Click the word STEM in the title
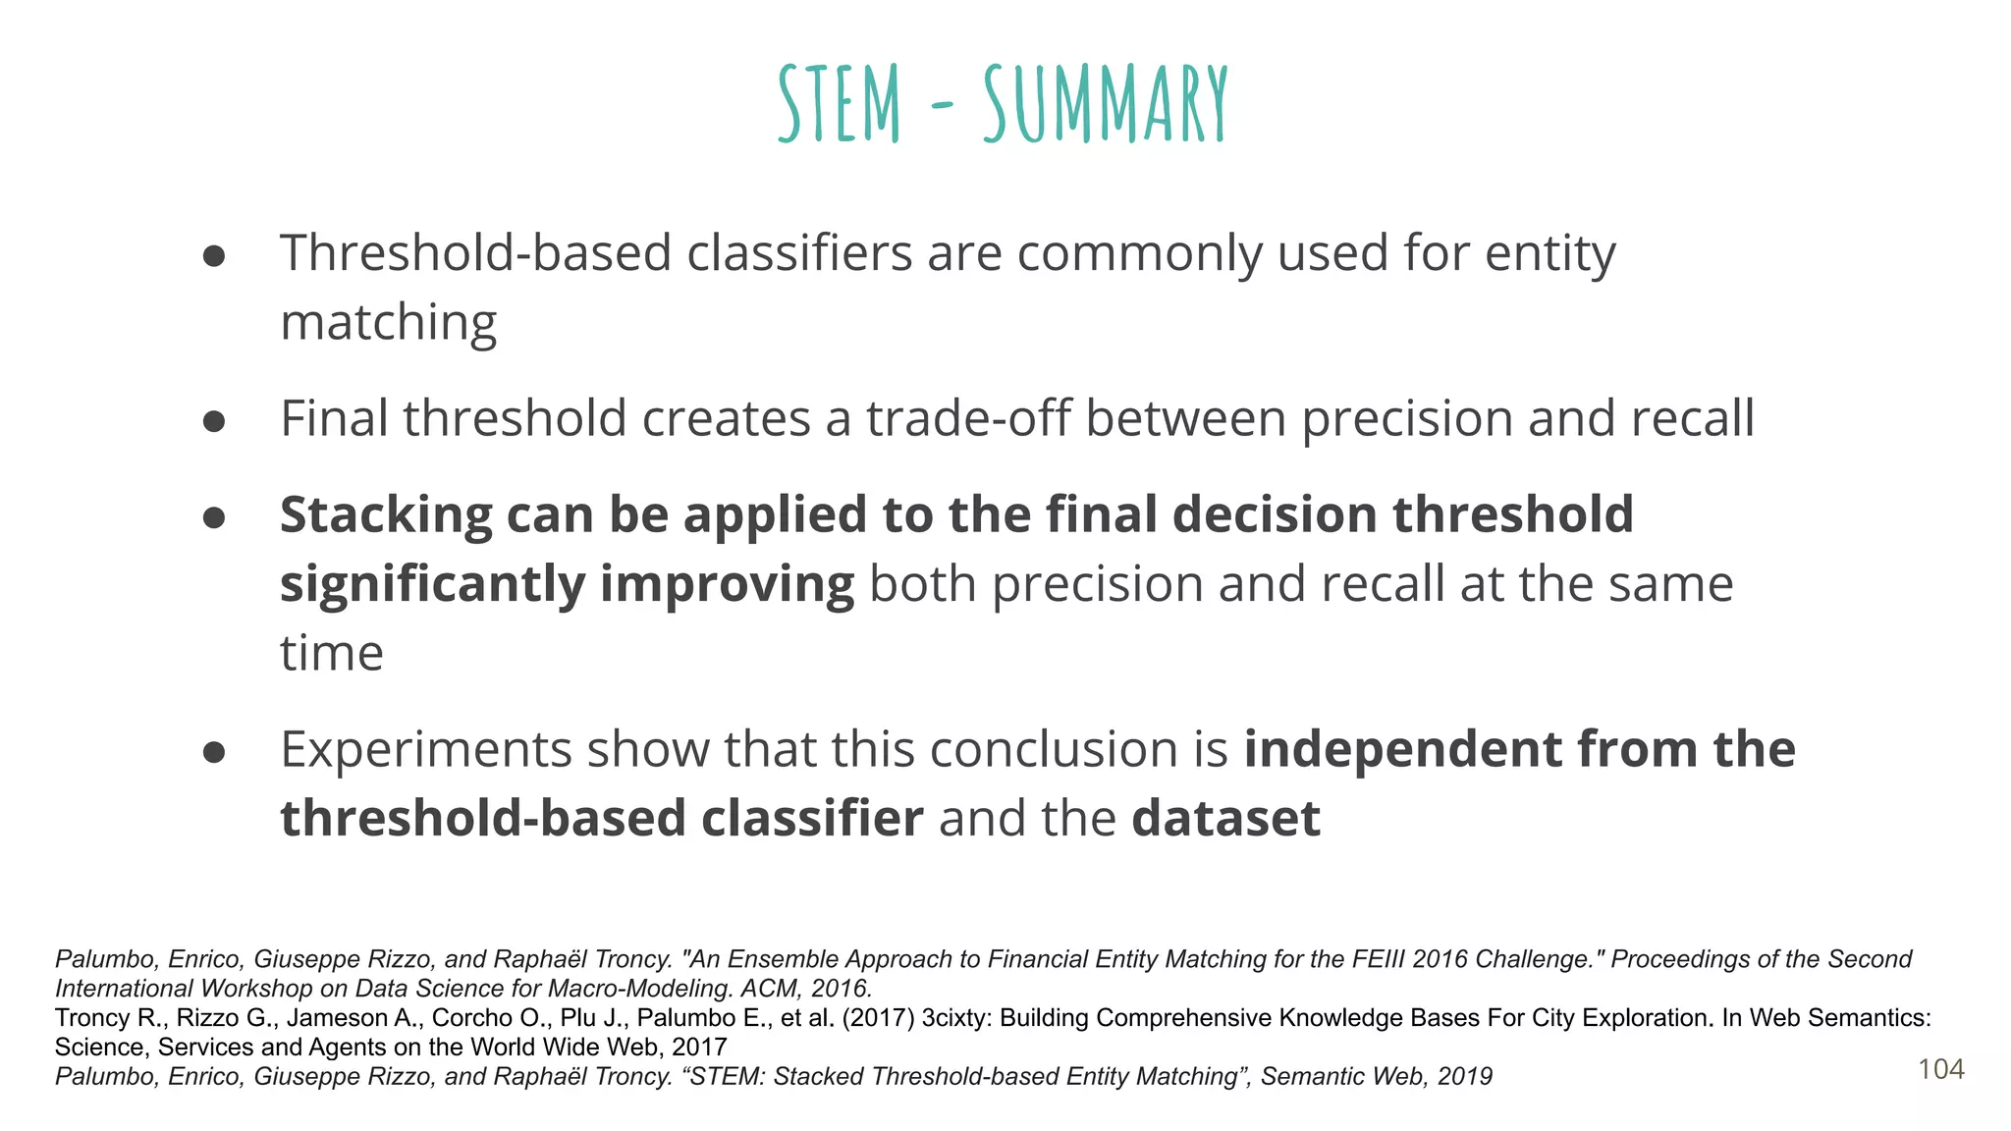click(x=840, y=103)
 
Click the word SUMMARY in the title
click(x=1106, y=103)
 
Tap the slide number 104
click(x=1940, y=1069)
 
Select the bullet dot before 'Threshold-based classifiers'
click(x=214, y=257)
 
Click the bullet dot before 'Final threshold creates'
click(x=214, y=422)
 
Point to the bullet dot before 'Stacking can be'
click(x=214, y=518)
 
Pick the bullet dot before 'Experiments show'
click(x=214, y=753)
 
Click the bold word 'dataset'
click(x=1225, y=818)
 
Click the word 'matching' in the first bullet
click(x=388, y=323)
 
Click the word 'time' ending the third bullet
click(x=331, y=653)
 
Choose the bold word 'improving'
click(x=727, y=585)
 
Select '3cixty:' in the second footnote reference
click(x=955, y=1018)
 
